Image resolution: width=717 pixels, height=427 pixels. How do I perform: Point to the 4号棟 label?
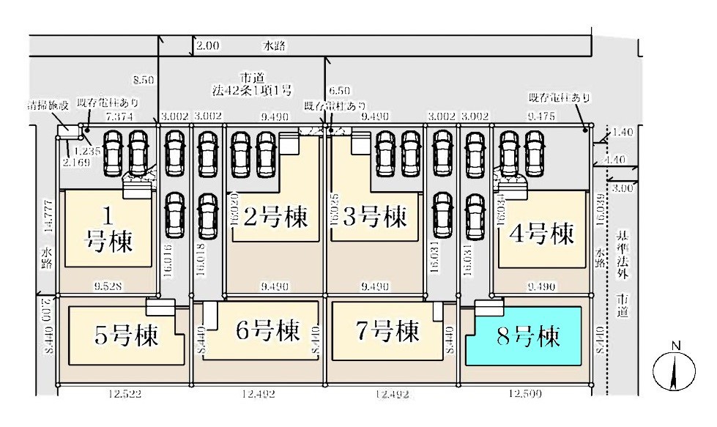coord(543,234)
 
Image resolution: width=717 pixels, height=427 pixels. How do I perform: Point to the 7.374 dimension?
coord(119,116)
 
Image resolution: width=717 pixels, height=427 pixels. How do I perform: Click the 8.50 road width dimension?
coord(144,78)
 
